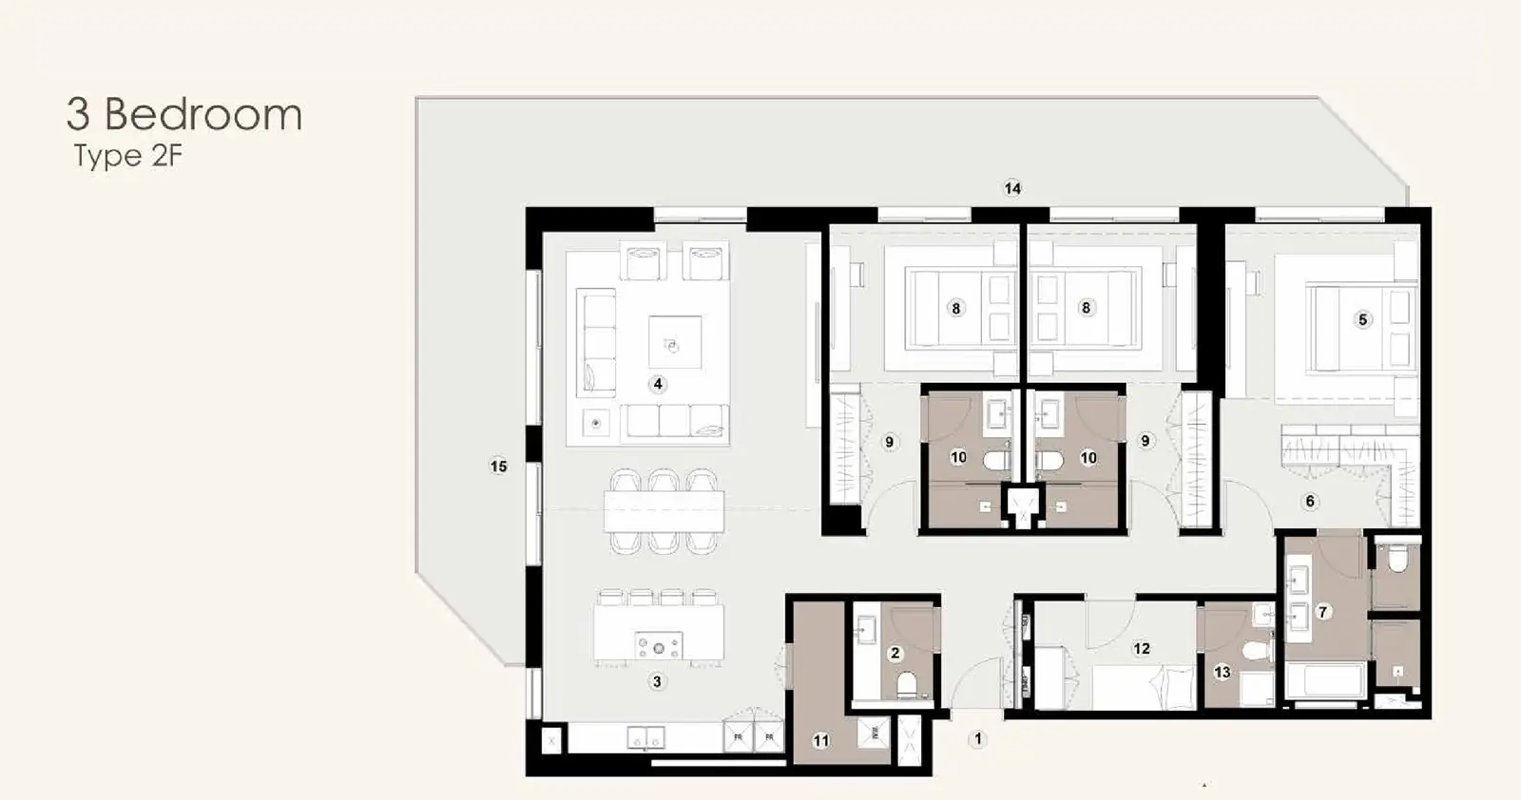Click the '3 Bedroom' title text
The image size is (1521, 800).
[x=184, y=114]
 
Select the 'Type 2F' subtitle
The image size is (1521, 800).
[x=128, y=156]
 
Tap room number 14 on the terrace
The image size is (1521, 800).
[x=1012, y=188]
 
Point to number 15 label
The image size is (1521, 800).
[x=498, y=467]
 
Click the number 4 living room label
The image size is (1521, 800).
[x=657, y=384]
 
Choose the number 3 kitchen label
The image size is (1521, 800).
[x=657, y=681]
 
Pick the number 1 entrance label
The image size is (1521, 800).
[x=978, y=739]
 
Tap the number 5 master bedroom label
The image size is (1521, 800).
[x=1362, y=319]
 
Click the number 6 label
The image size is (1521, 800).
[x=1310, y=501]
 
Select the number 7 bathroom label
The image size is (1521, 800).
[x=1322, y=612]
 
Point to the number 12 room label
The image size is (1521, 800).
[x=1142, y=649]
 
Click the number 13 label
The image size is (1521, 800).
[x=1223, y=672]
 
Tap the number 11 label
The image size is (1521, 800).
[x=821, y=740]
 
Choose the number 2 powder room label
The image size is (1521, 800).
[x=895, y=653]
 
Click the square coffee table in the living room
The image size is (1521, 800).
[x=675, y=343]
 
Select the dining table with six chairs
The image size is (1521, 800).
[x=664, y=511]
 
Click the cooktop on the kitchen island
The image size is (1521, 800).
[x=658, y=646]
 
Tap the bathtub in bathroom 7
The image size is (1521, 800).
[x=1326, y=680]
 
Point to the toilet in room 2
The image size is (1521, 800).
[x=907, y=685]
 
